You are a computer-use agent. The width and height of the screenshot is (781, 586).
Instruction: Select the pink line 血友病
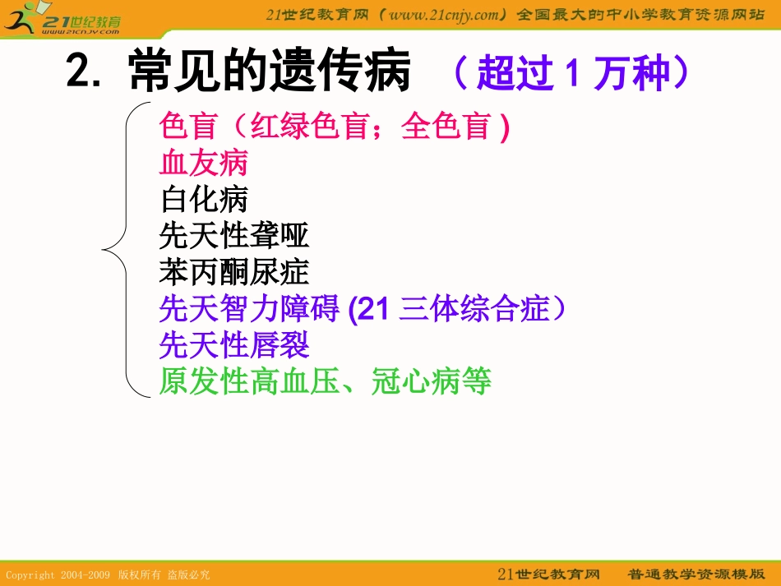pyautogui.click(x=203, y=164)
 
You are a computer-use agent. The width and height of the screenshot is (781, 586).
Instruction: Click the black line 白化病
pyautogui.click(x=203, y=200)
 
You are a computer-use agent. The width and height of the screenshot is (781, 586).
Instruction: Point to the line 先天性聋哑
pyautogui.click(x=234, y=236)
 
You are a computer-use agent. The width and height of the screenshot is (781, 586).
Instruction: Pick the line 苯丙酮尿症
pyautogui.click(x=234, y=272)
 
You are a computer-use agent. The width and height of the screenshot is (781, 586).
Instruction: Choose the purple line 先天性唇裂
pyautogui.click(x=234, y=345)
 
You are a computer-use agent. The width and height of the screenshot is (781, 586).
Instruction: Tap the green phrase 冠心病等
pyautogui.click(x=431, y=381)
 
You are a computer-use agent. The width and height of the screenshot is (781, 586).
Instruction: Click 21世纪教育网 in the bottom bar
pyautogui.click(x=548, y=574)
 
